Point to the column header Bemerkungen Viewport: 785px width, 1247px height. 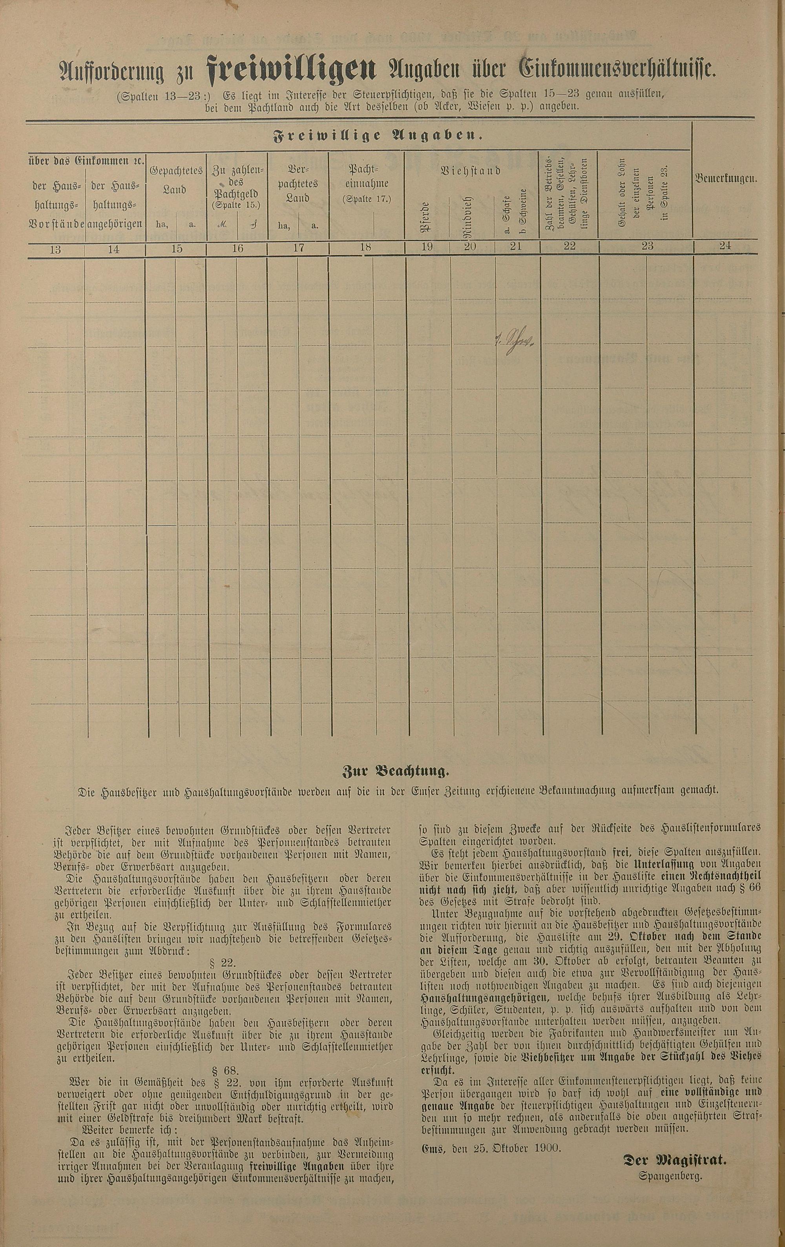coord(726,179)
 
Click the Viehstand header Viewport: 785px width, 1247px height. coord(471,170)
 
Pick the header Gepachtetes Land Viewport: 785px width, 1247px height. coord(176,180)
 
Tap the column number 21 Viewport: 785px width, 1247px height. coord(516,246)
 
